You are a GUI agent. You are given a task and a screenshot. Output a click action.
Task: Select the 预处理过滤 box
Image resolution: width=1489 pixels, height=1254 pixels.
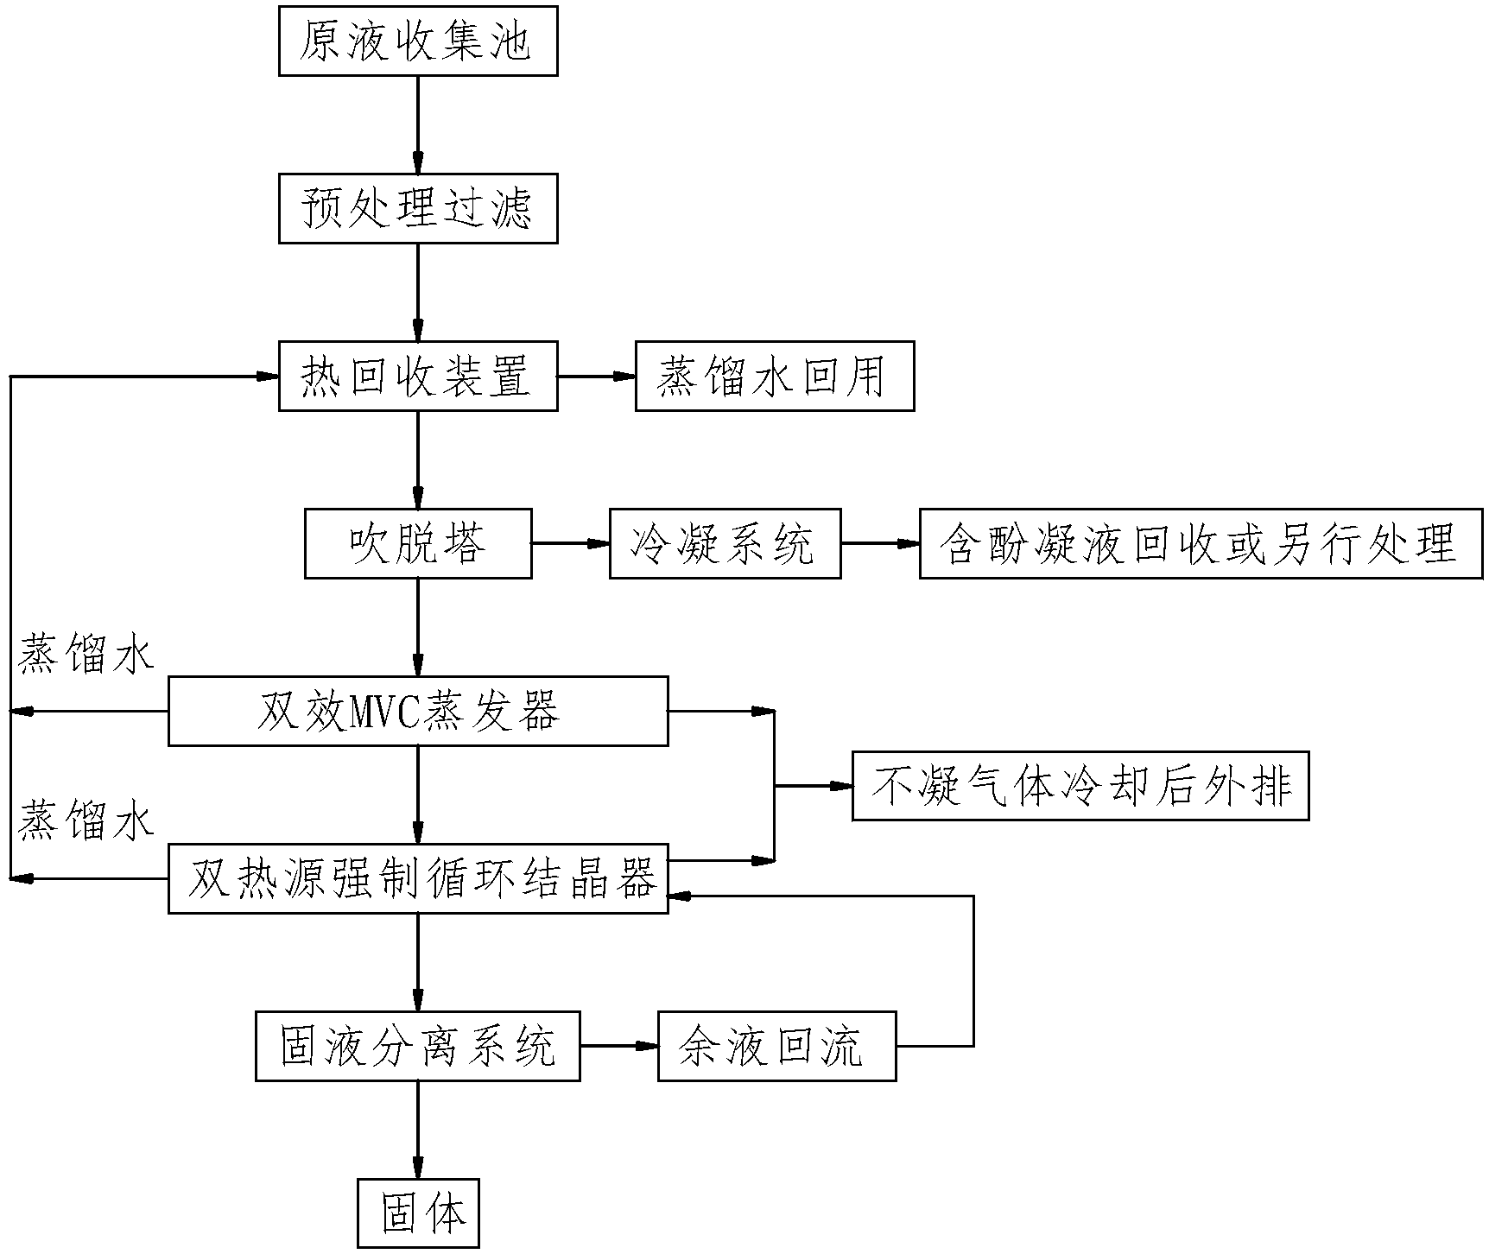[418, 208]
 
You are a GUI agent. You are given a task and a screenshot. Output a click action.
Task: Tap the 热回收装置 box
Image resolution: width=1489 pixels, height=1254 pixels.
[418, 377]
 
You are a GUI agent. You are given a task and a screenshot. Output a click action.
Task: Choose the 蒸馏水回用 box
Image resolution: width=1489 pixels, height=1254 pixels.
[775, 377]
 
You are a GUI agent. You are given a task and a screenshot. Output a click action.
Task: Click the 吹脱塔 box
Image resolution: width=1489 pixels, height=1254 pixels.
[418, 543]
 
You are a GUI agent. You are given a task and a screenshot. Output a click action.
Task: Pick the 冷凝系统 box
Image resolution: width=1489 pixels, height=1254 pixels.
[725, 543]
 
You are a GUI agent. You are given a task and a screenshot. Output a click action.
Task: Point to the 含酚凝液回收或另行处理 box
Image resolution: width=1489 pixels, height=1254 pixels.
[1201, 543]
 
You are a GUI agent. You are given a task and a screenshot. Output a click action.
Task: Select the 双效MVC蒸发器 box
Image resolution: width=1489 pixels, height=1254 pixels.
[418, 711]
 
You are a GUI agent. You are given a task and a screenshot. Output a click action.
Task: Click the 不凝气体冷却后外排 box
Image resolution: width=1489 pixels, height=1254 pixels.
[1080, 786]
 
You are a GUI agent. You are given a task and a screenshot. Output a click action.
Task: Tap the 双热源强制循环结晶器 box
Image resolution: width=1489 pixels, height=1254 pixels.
[418, 879]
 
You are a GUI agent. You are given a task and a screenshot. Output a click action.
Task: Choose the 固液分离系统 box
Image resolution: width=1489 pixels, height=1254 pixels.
[418, 1046]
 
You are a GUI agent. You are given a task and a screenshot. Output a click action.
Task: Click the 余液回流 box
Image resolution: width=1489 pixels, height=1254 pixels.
[776, 1046]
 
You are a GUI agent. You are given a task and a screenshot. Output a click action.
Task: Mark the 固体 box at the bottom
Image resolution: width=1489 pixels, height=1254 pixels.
[418, 1213]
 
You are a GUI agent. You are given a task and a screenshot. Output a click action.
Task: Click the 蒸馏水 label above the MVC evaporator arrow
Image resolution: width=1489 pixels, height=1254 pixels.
[85, 655]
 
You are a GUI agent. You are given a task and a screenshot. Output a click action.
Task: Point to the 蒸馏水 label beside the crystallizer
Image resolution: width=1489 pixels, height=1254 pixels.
[85, 821]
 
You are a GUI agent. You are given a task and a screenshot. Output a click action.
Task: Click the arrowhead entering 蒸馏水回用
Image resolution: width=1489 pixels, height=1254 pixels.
[624, 377]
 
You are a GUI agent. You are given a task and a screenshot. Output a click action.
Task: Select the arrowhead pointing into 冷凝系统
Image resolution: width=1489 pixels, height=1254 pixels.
[599, 543]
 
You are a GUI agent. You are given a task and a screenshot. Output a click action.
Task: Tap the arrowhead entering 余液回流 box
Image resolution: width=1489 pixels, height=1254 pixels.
[647, 1046]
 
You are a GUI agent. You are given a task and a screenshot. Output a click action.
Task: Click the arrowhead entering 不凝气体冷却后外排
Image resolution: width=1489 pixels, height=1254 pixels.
[841, 786]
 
